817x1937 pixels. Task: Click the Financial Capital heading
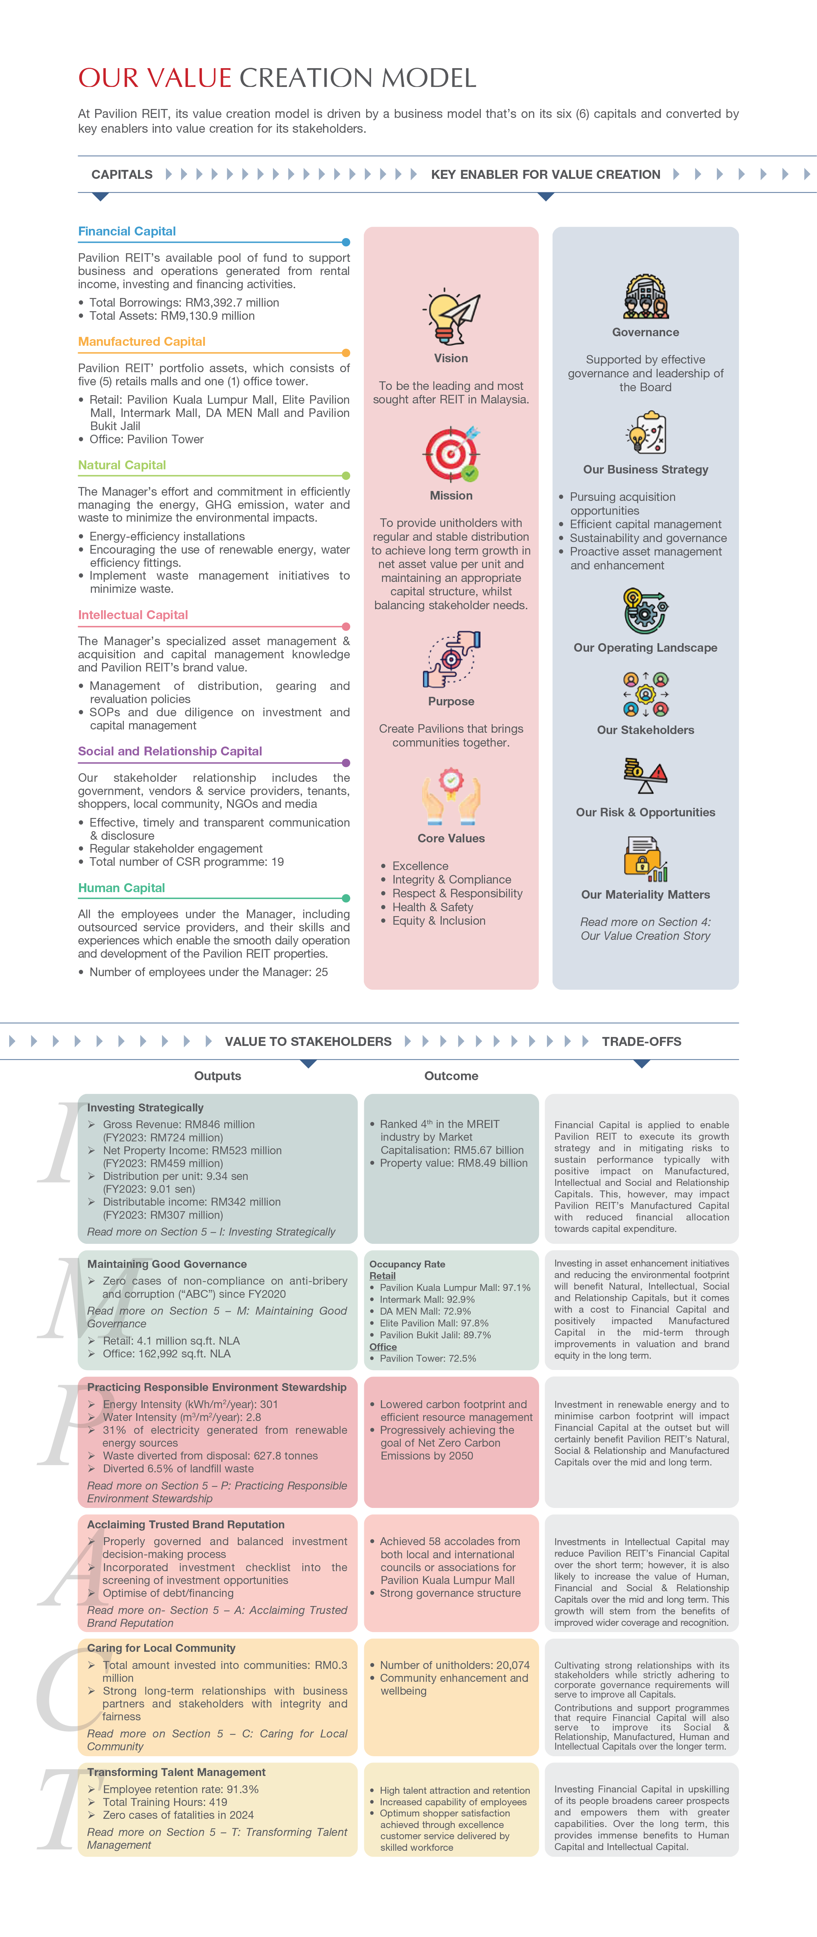pos(127,232)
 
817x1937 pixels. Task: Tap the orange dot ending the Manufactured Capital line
pos(346,353)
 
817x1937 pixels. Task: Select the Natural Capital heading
pos(122,465)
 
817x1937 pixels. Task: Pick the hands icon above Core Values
pos(451,798)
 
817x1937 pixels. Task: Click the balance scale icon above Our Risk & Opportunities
pos(646,776)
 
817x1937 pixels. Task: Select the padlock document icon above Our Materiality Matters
pos(646,859)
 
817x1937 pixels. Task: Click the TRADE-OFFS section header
pos(641,1041)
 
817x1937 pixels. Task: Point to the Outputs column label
pos(217,1076)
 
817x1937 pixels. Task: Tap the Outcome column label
pos(451,1076)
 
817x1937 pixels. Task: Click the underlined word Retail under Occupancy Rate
pos(383,1276)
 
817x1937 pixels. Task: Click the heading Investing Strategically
pos(145,1107)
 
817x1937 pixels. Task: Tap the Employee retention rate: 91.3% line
pos(180,1789)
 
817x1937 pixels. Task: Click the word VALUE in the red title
pos(188,78)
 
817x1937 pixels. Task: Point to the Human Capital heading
pos(122,888)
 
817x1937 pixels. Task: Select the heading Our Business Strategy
pos(646,470)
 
